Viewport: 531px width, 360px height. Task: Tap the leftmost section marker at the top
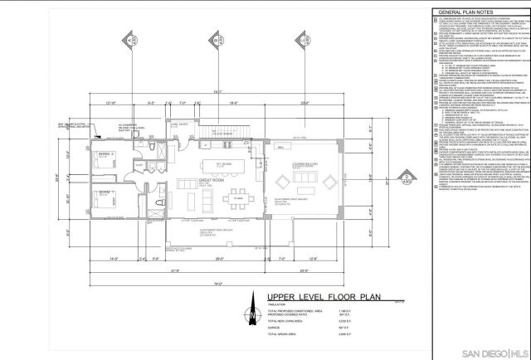pyautogui.click(x=132, y=40)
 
